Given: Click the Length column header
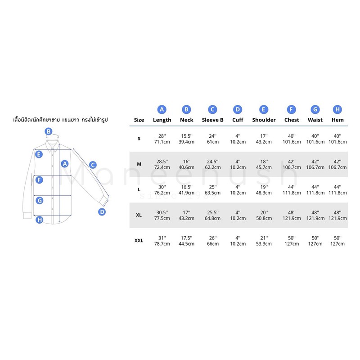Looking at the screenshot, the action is click(x=162, y=120).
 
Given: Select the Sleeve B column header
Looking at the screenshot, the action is click(x=212, y=120).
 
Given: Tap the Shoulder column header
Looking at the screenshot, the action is click(x=264, y=120).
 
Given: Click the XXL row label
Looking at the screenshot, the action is click(x=139, y=241).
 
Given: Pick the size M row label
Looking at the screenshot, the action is click(x=139, y=164).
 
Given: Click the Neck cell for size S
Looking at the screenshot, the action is click(x=186, y=139).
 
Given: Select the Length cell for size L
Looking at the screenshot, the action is click(x=162, y=190).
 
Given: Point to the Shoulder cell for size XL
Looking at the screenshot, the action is click(x=264, y=216).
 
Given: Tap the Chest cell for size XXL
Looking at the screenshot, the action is click(x=292, y=241).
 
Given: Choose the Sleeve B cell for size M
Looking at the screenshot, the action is click(x=212, y=164).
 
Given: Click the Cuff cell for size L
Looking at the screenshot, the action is click(x=238, y=190).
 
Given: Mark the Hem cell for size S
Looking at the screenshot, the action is click(x=337, y=139).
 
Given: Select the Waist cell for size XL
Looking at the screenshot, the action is click(x=315, y=216).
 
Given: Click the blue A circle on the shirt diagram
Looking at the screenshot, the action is click(x=65, y=164).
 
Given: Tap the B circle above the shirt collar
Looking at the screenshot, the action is click(x=49, y=131).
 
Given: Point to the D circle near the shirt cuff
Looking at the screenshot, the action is click(x=102, y=211).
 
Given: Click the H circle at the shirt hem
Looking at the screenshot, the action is click(x=40, y=220).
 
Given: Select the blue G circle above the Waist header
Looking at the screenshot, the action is click(x=315, y=109).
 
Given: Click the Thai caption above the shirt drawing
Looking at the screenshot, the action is click(x=60, y=120).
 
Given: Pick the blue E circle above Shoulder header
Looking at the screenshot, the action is click(x=264, y=109).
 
